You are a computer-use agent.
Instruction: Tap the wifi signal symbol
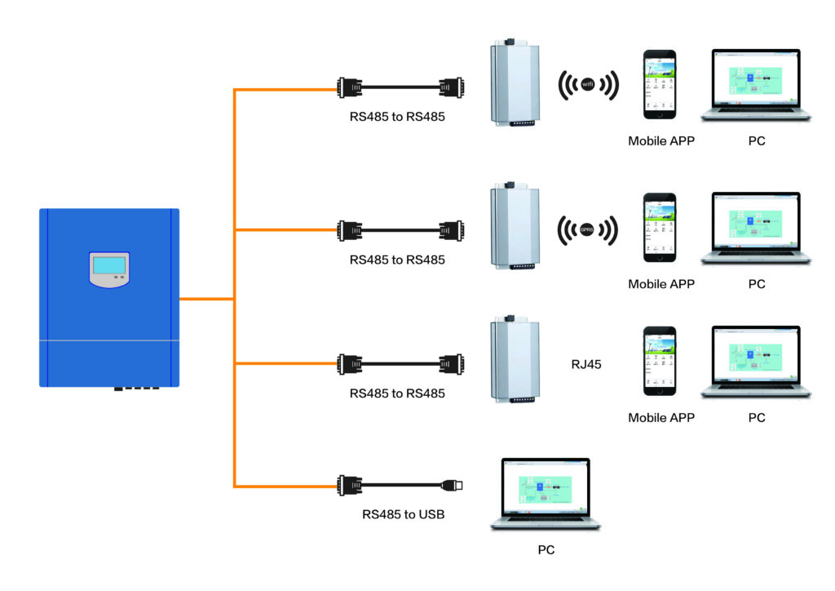pos(587,84)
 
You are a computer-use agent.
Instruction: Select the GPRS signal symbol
pos(587,229)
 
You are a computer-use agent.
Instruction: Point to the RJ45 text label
pos(586,365)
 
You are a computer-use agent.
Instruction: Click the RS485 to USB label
pos(404,514)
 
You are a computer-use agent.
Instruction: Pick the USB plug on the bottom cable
pos(452,486)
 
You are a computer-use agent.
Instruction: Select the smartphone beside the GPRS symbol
pos(660,228)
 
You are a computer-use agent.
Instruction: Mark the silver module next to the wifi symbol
pos(511,83)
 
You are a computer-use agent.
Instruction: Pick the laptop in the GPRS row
pos(756,229)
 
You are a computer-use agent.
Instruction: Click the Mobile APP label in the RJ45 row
pos(660,418)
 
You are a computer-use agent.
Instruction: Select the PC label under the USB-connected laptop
pos(546,550)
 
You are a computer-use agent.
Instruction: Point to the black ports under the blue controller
pos(136,389)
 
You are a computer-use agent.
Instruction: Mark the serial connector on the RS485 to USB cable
pos(351,486)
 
